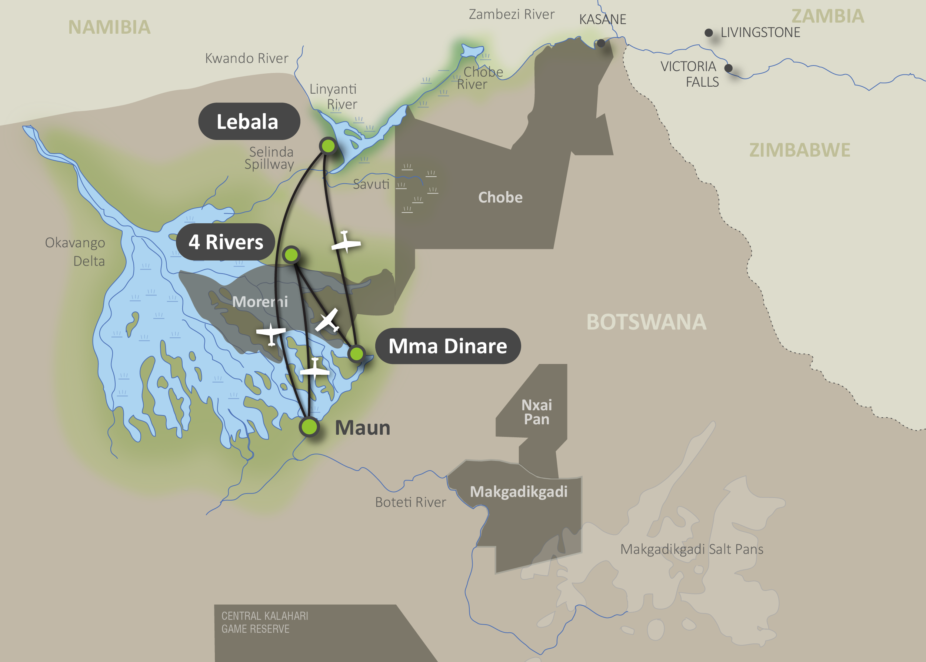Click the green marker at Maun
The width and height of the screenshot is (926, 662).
click(309, 427)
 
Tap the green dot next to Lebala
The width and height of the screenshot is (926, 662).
click(328, 146)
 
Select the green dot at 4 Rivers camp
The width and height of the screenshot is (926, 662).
click(291, 255)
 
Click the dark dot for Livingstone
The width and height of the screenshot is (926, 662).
click(709, 33)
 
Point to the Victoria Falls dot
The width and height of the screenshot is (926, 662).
click(728, 68)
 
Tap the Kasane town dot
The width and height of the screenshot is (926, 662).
click(601, 43)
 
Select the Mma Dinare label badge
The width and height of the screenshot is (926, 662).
click(447, 346)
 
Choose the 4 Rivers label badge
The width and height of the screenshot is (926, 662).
click(226, 242)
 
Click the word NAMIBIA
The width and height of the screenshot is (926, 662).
click(109, 27)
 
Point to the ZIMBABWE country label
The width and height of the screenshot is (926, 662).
click(800, 150)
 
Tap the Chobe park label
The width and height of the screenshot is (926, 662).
click(500, 197)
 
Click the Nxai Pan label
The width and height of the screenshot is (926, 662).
click(537, 412)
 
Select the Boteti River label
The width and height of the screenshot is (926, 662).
click(410, 502)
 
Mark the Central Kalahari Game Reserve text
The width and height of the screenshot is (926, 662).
click(264, 622)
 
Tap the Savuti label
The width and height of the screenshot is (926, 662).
click(371, 184)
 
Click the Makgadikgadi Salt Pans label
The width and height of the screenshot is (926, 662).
click(692, 549)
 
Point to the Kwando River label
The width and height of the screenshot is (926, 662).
click(246, 58)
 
